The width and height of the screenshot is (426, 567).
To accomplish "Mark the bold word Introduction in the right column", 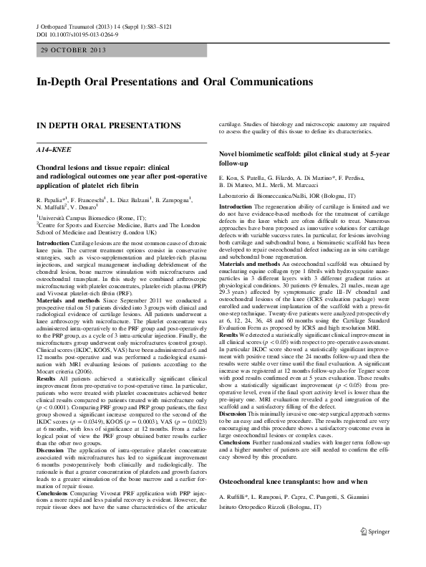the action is [x=238, y=206].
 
